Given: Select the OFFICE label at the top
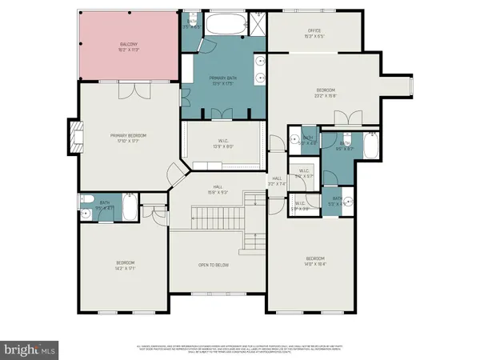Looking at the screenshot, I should pyautogui.click(x=314, y=33).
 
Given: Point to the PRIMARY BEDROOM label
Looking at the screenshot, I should pyautogui.click(x=128, y=138).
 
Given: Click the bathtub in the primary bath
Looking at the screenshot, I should pyautogui.click(x=226, y=26).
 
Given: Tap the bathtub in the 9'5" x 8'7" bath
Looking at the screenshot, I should pyautogui.click(x=370, y=146).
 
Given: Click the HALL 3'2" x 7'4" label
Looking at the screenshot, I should pyautogui.click(x=277, y=181).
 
